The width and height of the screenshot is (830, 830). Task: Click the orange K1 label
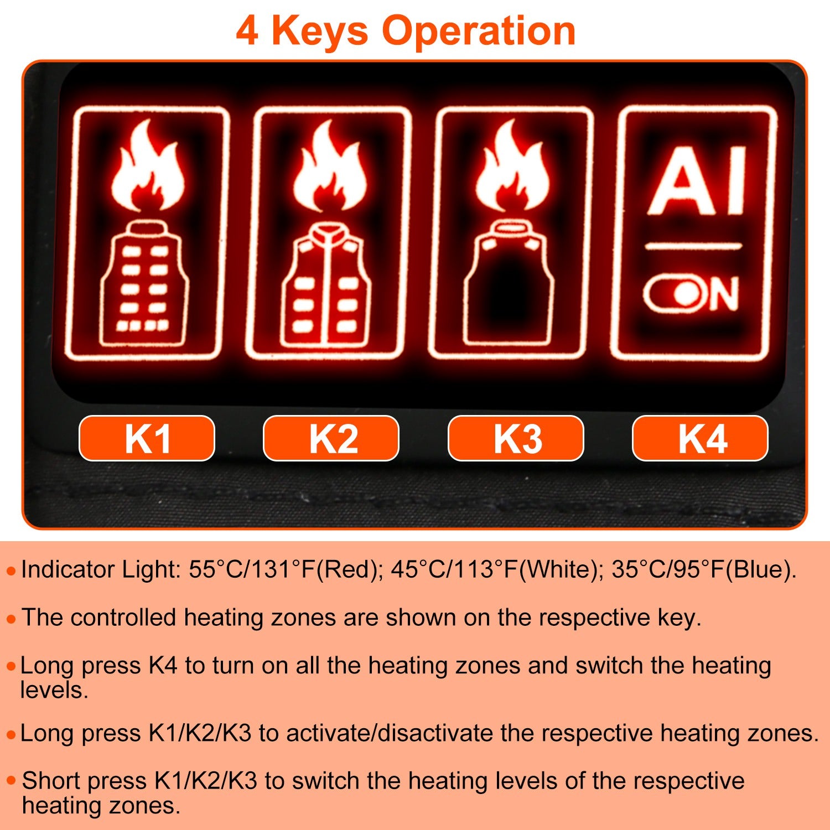tap(147, 438)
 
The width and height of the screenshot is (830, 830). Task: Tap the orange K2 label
tap(331, 438)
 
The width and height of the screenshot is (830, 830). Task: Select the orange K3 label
tap(516, 438)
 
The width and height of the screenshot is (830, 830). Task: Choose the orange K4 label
tap(700, 438)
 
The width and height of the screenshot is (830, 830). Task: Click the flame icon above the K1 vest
tap(147, 166)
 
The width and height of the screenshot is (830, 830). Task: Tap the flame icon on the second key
tap(330, 166)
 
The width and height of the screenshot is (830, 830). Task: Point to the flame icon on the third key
tap(512, 166)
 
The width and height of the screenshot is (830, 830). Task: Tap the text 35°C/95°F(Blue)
tap(703, 569)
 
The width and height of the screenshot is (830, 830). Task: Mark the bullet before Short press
tap(11, 781)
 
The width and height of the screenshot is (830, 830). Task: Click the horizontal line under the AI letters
tap(693, 246)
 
